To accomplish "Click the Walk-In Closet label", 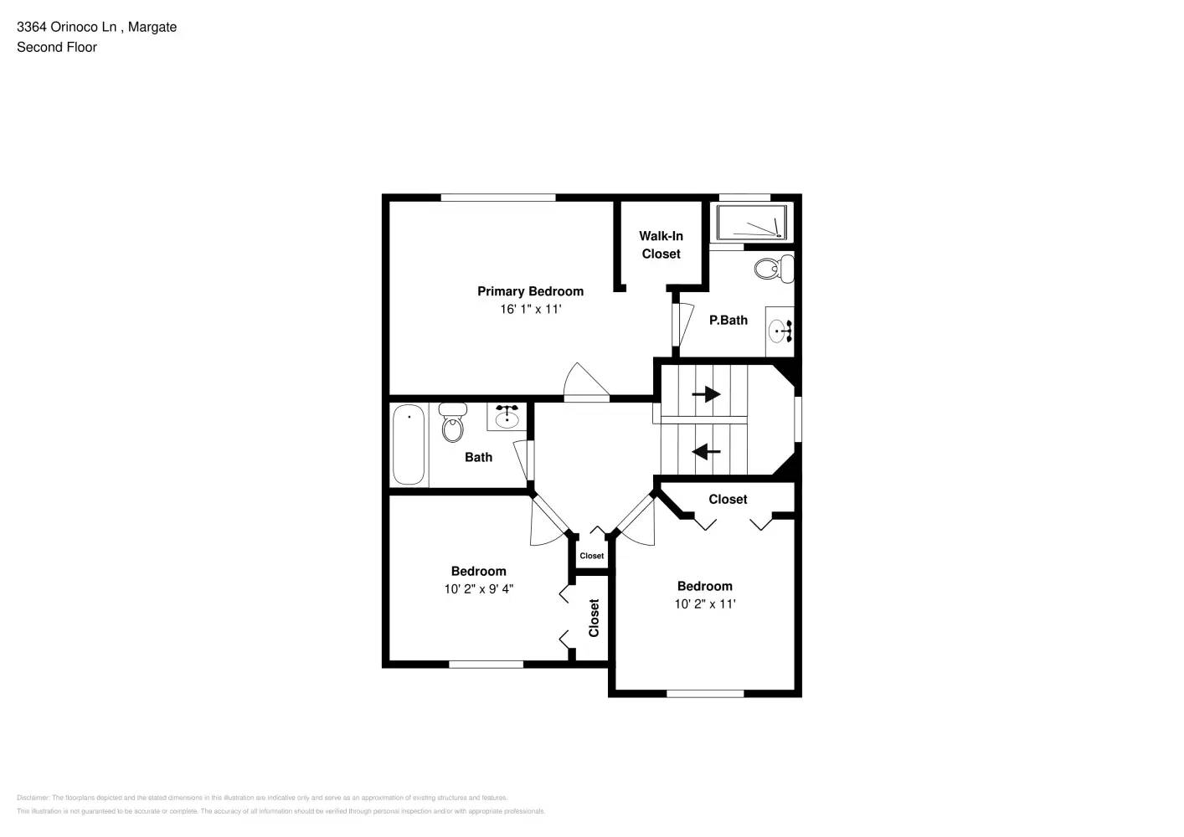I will pyautogui.click(x=661, y=244).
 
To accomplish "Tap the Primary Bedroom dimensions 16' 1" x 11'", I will pyautogui.click(x=530, y=309).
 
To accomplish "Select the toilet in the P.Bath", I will pyautogui.click(x=772, y=269).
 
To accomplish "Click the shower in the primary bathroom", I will pyautogui.click(x=751, y=223).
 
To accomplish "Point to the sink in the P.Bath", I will pyautogui.click(x=780, y=331).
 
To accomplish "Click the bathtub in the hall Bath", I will pyautogui.click(x=409, y=444).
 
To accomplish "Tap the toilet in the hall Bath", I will pyautogui.click(x=453, y=422).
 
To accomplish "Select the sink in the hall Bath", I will pyautogui.click(x=507, y=416).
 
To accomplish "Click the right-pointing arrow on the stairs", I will pyautogui.click(x=707, y=393).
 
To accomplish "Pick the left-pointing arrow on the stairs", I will pyautogui.click(x=706, y=452).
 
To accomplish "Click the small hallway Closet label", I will pyautogui.click(x=591, y=556).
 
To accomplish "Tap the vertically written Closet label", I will pyautogui.click(x=594, y=618).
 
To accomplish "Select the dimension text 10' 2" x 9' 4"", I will pyautogui.click(x=478, y=588).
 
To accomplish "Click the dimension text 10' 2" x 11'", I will pyautogui.click(x=705, y=603).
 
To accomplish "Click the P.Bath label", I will pyautogui.click(x=728, y=320).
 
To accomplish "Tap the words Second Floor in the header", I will pyautogui.click(x=57, y=47).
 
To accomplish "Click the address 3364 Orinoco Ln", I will pyautogui.click(x=67, y=27).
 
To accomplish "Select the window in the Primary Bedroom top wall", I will pyautogui.click(x=498, y=198).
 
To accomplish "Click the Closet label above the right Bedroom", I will pyautogui.click(x=728, y=499).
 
